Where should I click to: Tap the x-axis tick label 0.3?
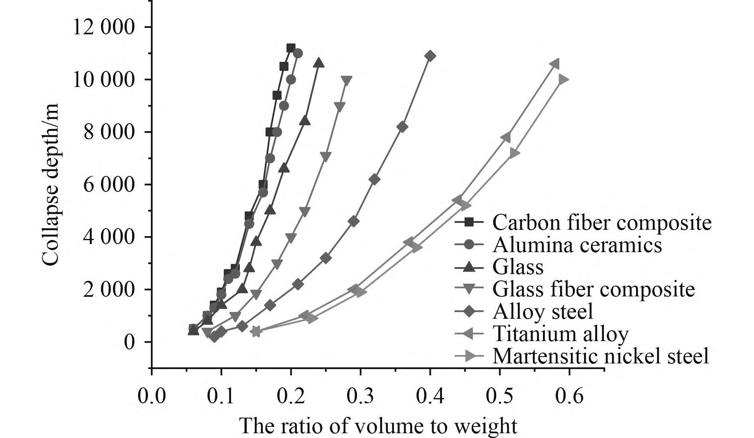coord(360,396)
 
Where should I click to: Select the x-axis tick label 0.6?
coord(569,396)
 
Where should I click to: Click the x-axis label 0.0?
coord(152,396)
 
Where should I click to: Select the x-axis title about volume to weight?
coord(378,426)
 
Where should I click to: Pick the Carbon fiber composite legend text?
coord(602,222)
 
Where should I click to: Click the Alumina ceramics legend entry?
coord(577,245)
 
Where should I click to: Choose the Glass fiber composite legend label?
coord(594,289)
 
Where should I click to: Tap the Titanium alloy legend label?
coord(561,333)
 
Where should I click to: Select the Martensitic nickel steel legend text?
coord(601,356)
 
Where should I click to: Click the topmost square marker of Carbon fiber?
coord(291,48)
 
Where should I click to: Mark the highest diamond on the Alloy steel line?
coord(430,56)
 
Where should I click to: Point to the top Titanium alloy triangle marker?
coord(554,64)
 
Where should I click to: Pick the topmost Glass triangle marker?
coord(319,63)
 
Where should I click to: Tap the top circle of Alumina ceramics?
coord(298,53)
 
